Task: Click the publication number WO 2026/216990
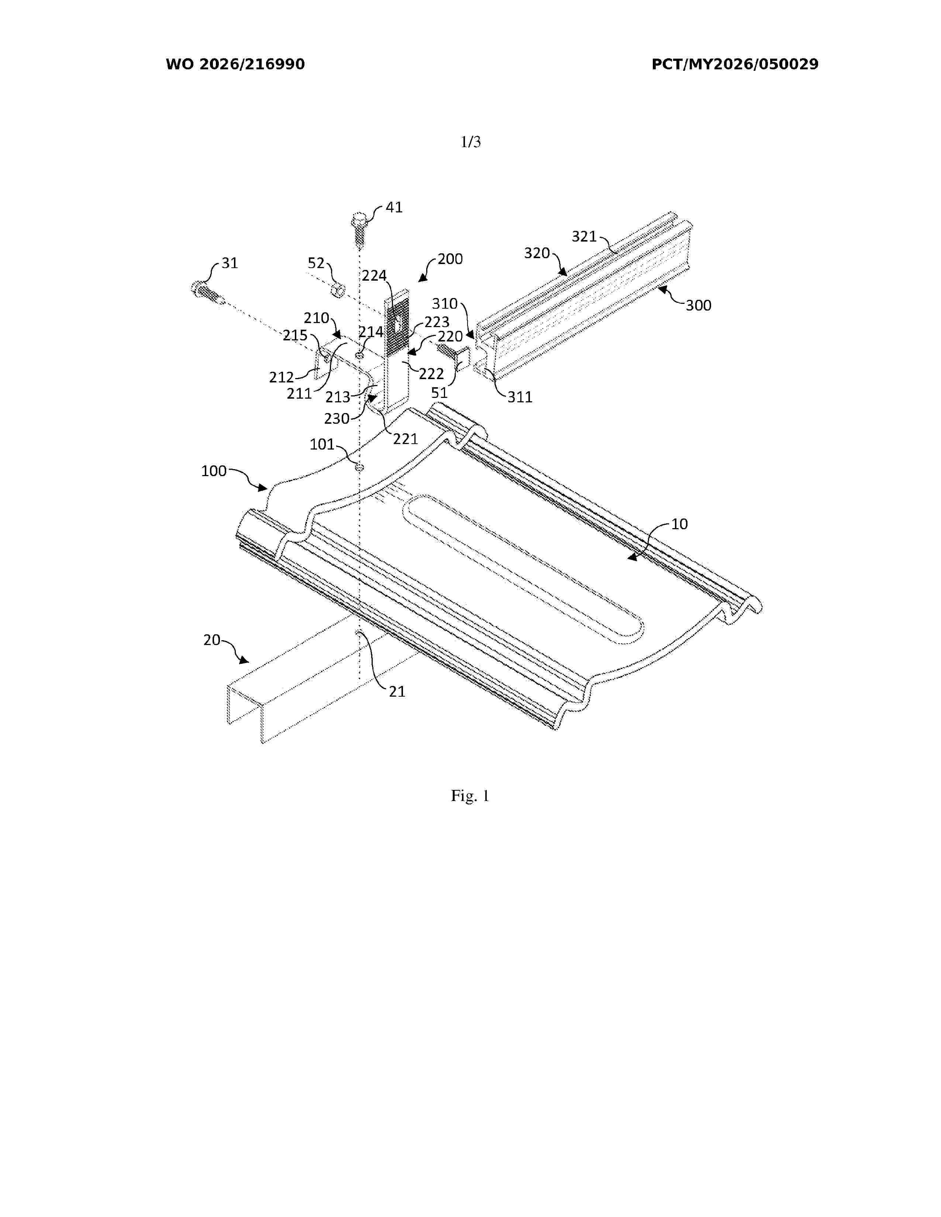(x=235, y=65)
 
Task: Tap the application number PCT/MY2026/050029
(x=735, y=65)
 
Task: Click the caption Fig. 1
(x=470, y=796)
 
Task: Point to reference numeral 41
(x=394, y=207)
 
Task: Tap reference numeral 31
(x=229, y=263)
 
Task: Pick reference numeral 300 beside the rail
(x=699, y=305)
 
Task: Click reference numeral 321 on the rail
(x=584, y=237)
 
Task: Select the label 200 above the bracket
(x=450, y=259)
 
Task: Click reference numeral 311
(x=520, y=397)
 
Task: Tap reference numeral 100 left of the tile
(x=214, y=471)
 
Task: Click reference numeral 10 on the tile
(x=679, y=524)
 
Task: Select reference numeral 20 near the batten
(x=212, y=640)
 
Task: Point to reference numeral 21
(x=397, y=691)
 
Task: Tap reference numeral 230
(x=337, y=419)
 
